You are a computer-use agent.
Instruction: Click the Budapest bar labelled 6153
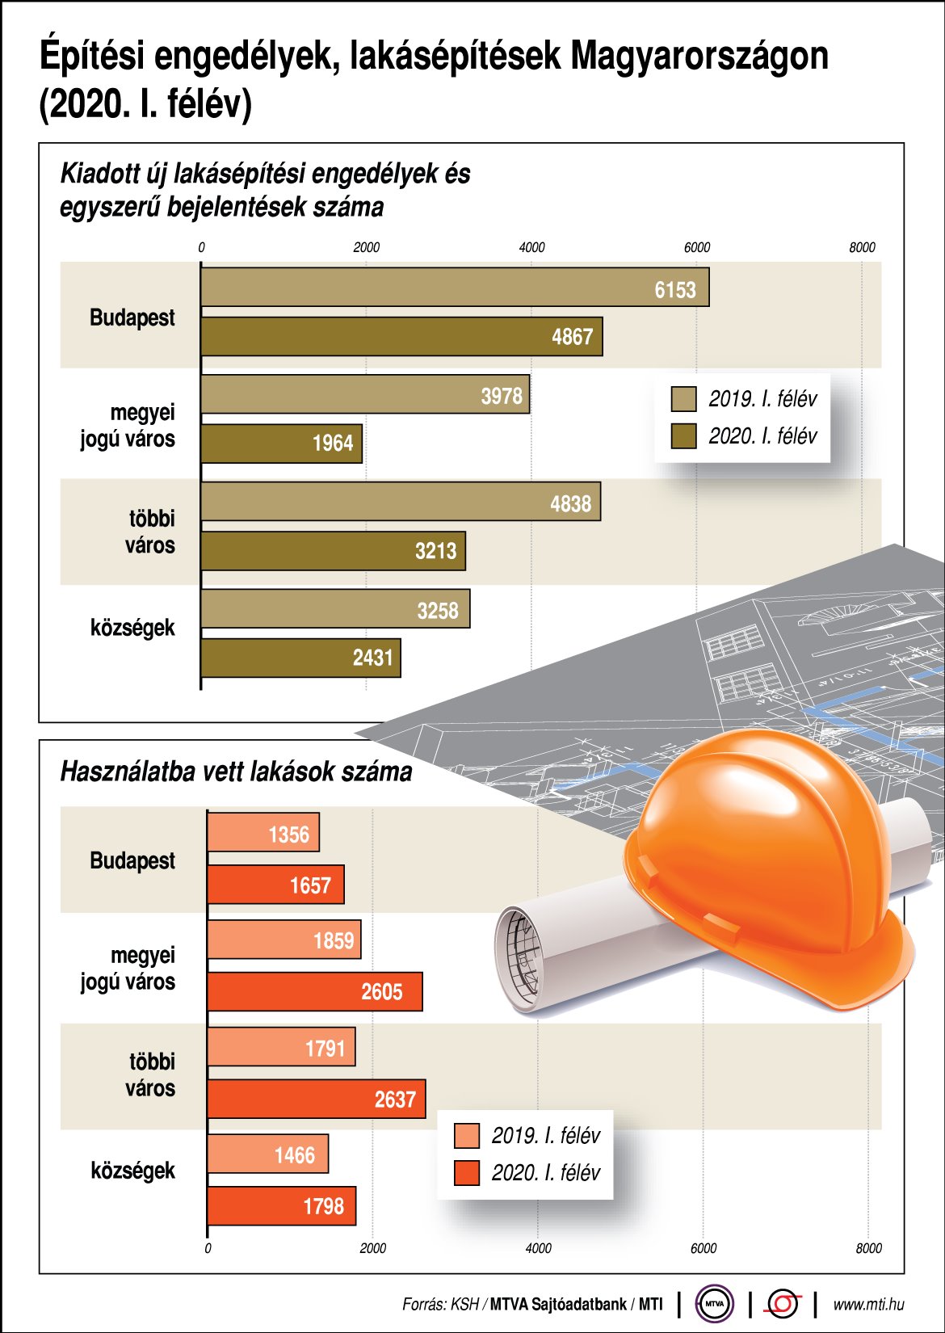tap(455, 288)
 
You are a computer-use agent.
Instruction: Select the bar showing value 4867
tap(401, 336)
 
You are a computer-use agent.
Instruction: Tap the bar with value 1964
tap(281, 443)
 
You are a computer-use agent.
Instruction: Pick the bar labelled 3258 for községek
tap(335, 609)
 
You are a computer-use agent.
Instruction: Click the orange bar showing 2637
tap(316, 1099)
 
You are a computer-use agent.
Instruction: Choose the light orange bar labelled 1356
tap(263, 833)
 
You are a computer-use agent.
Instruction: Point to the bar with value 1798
tap(281, 1205)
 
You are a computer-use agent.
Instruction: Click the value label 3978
tap(502, 396)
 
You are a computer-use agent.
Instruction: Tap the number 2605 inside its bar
tap(381, 991)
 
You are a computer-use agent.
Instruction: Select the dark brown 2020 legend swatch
tap(684, 436)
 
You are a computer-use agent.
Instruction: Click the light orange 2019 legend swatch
tap(467, 1136)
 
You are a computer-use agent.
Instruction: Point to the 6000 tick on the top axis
tap(697, 247)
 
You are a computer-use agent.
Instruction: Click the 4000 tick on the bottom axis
tap(538, 1248)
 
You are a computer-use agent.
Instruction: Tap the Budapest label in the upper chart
tap(132, 317)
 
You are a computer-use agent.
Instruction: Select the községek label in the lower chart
tap(132, 1171)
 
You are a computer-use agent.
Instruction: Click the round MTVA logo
tap(715, 1303)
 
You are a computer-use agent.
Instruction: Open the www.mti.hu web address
tap(868, 1304)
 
